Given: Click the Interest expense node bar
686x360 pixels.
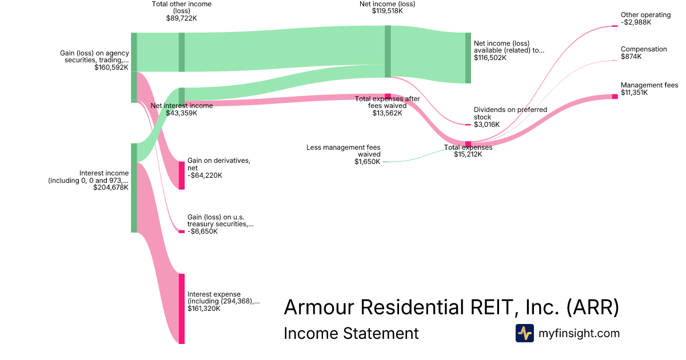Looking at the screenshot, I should (x=182, y=309).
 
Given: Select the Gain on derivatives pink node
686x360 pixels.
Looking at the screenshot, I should (x=182, y=175).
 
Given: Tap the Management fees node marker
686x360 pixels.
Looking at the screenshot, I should (x=615, y=96).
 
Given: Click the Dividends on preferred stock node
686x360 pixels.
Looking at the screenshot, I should (x=468, y=125).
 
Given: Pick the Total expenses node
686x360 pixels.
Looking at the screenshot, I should (x=468, y=144).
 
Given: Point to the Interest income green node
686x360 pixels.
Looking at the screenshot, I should (x=134, y=187).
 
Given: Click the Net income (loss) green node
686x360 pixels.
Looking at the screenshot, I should (x=388, y=51).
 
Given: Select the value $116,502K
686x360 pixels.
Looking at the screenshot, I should (x=490, y=58).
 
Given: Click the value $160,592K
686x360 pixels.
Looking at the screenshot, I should (x=111, y=67).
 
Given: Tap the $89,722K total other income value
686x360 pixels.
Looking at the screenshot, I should (x=181, y=18).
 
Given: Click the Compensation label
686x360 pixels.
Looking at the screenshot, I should (x=644, y=49).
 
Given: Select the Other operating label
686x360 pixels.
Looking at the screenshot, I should (x=645, y=15).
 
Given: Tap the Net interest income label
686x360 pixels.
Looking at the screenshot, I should (x=181, y=106).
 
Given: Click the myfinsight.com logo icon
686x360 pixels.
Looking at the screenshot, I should (x=524, y=333).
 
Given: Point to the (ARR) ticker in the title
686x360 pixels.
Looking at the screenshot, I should (x=593, y=307).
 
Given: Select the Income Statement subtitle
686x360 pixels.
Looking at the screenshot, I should (x=351, y=333).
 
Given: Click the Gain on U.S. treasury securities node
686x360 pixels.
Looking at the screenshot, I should (x=182, y=231).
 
